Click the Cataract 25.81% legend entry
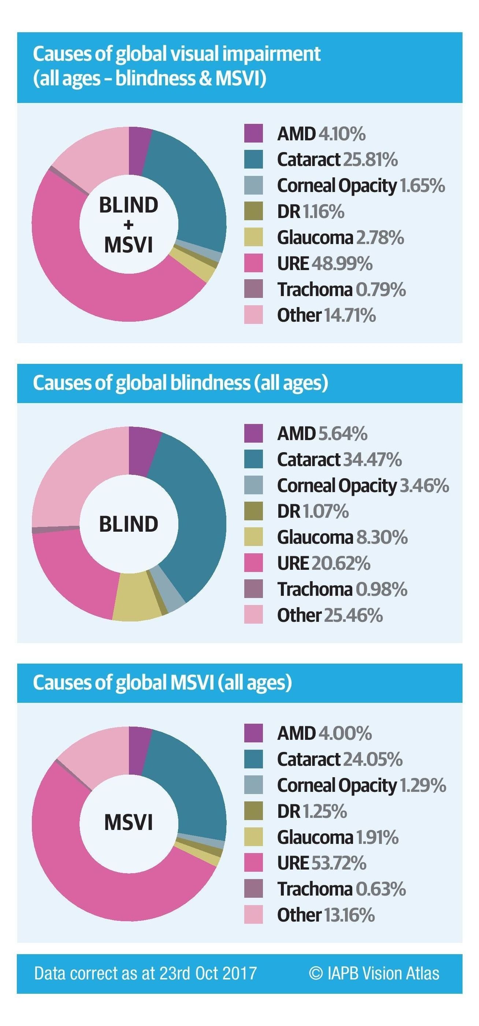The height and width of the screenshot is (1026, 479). point(337,159)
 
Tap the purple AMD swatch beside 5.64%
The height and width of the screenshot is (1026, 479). point(253,433)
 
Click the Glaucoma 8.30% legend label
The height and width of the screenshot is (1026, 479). point(342,537)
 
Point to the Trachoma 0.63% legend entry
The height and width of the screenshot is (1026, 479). point(341,889)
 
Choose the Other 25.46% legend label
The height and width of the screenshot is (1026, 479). point(330,615)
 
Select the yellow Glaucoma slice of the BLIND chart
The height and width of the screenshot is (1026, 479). point(135,597)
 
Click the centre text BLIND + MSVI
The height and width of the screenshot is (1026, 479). point(129,225)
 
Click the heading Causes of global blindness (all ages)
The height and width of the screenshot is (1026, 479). point(181,383)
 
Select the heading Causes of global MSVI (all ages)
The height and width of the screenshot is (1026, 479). point(162,682)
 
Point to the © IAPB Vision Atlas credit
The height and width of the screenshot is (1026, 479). point(374,973)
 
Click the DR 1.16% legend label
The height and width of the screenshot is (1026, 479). point(311,211)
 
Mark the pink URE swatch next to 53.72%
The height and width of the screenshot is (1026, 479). point(253,863)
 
